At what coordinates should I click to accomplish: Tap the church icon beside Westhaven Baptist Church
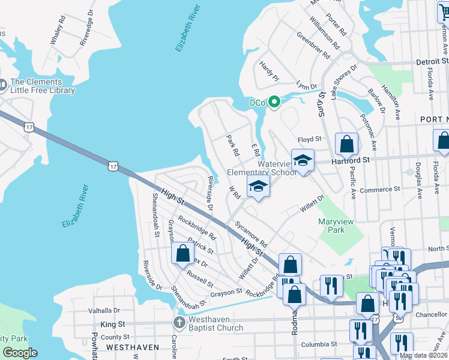coord(178,323)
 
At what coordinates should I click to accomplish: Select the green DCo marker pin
coord(274,103)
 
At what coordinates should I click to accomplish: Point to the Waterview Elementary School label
coord(277,168)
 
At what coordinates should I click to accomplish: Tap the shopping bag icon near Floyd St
coord(346,144)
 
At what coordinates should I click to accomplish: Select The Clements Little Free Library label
coord(43,86)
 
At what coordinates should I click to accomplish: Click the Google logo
coord(20,353)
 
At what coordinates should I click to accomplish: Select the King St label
coord(113,324)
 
